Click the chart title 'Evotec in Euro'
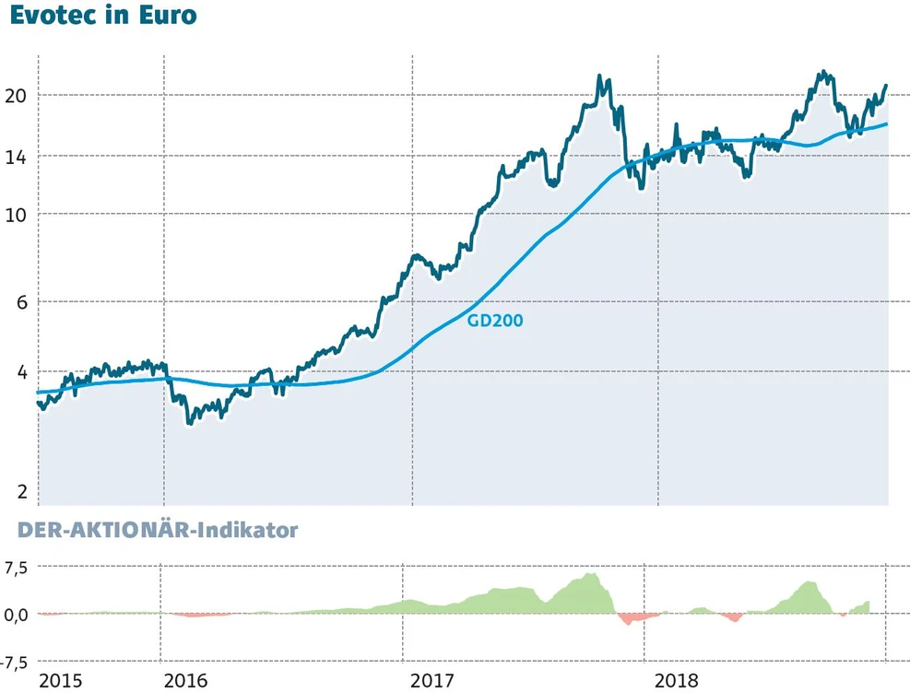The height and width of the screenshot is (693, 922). [103, 17]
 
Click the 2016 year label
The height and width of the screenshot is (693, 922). [185, 681]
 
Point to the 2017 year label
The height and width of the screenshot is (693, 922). [432, 681]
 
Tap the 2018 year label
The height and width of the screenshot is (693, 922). [677, 681]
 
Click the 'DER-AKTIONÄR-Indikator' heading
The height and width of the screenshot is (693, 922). [152, 531]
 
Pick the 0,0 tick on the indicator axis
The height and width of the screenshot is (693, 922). [18, 614]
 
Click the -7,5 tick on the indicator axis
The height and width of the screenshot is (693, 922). [16, 662]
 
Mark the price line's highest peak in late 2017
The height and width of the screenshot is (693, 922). [600, 76]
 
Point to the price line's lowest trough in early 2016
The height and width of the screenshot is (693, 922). [189, 423]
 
